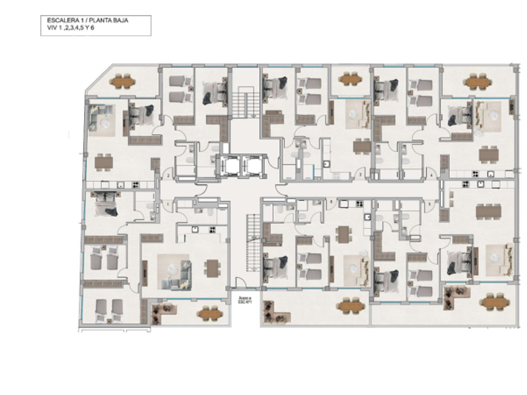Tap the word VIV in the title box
coord(43,28)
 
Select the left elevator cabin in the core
coord(228,166)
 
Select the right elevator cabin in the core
coord(253,166)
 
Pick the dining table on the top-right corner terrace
coord(478,82)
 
